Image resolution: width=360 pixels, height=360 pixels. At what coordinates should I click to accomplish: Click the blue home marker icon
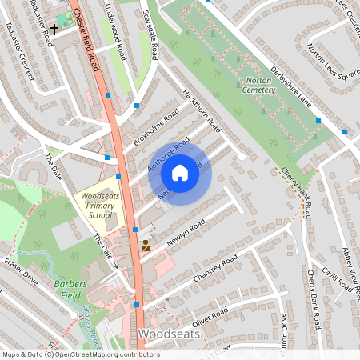[180, 173]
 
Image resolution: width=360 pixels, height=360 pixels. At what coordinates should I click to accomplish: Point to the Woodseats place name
[167, 332]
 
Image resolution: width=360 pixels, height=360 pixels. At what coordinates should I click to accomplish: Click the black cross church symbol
[55, 30]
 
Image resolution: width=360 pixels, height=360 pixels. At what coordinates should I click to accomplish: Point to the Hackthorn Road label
[201, 110]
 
